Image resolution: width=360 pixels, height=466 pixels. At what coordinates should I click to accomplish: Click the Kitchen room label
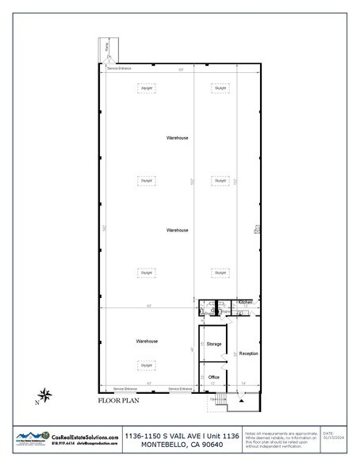click(x=244, y=302)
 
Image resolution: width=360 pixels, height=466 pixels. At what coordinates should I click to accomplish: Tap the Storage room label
click(x=213, y=344)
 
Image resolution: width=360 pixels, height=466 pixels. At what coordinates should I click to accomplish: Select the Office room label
click(x=213, y=376)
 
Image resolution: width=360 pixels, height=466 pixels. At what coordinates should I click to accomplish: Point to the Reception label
click(x=248, y=353)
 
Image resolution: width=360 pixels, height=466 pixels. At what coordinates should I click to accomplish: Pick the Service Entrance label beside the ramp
click(x=119, y=69)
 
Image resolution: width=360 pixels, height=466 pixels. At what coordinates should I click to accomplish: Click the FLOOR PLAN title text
click(x=118, y=401)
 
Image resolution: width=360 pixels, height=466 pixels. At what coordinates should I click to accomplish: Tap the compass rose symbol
click(x=46, y=392)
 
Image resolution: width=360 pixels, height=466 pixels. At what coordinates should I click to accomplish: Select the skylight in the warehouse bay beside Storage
click(x=146, y=365)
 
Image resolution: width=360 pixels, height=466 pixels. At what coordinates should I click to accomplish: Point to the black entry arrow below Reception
click(x=239, y=400)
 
